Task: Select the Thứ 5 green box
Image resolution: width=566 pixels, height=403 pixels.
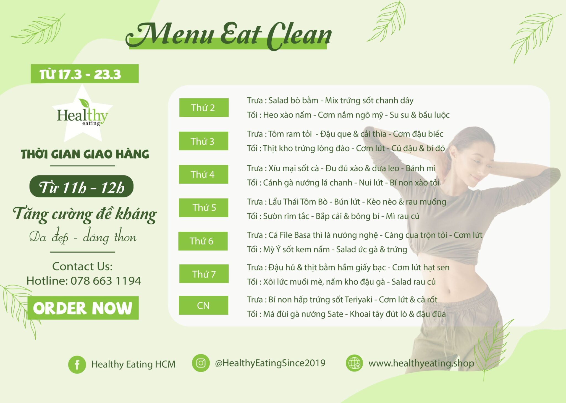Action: (204, 208)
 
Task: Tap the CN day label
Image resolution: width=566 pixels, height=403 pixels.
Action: (203, 305)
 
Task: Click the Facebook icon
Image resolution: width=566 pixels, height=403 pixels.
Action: (77, 365)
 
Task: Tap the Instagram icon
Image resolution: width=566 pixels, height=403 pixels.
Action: (201, 363)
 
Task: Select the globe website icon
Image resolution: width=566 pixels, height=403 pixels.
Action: (354, 363)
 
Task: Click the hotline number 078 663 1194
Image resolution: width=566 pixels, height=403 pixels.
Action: (106, 281)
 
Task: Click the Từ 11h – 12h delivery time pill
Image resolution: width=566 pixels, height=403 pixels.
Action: (82, 186)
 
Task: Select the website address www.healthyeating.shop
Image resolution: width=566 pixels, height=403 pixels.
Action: (421, 363)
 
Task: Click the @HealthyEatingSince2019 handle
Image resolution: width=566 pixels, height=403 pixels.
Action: (270, 363)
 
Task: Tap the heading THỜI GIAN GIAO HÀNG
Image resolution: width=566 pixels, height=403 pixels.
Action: (85, 154)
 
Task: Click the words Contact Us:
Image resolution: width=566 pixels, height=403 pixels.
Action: (82, 266)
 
